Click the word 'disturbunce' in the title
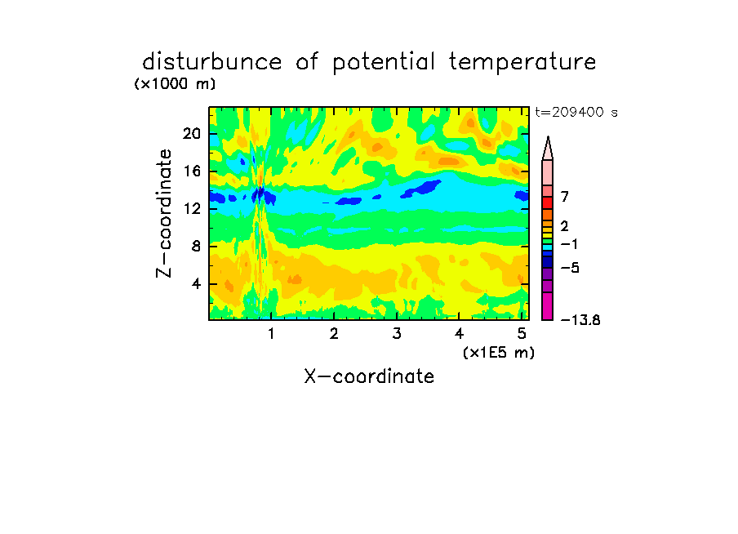(211, 62)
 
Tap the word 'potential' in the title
(384, 63)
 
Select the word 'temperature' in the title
(522, 63)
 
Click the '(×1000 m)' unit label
(175, 84)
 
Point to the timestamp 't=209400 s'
(576, 112)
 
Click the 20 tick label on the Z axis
(192, 134)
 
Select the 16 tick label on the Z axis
(192, 171)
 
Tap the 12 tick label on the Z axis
(192, 208)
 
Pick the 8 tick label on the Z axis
(196, 247)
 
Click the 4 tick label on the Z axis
(196, 284)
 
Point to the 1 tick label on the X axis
(271, 333)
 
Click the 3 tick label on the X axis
(397, 333)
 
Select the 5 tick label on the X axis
(522, 333)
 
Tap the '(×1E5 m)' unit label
(499, 353)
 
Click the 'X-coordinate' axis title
(369, 376)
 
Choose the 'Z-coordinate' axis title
(164, 213)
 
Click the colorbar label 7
(565, 196)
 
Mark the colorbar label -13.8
(580, 320)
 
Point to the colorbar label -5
(570, 268)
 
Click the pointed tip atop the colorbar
(548, 137)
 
